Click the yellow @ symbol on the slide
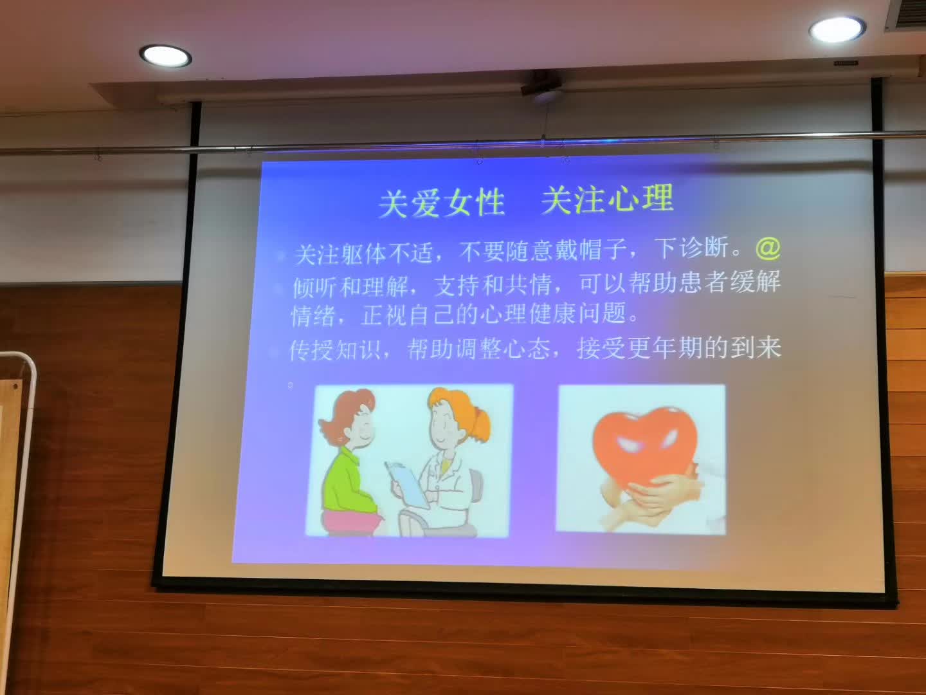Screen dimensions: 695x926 pyautogui.click(x=767, y=247)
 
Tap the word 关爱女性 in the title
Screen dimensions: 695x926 pyautogui.click(x=441, y=203)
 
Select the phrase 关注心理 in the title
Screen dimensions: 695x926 pyautogui.click(x=607, y=199)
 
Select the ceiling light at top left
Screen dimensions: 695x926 pyautogui.click(x=165, y=55)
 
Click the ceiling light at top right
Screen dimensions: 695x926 pyautogui.click(x=837, y=30)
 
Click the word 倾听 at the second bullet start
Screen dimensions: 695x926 pyautogui.click(x=315, y=286)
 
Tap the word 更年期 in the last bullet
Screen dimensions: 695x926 pyautogui.click(x=664, y=349)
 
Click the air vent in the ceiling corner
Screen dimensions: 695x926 pyautogui.click(x=906, y=15)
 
